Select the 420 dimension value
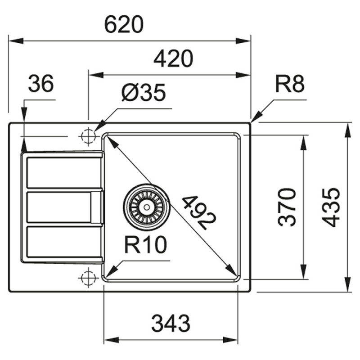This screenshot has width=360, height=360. [173, 59]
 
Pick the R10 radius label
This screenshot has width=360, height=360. [145, 246]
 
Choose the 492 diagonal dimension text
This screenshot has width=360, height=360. [198, 212]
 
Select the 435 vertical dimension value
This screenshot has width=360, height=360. [332, 207]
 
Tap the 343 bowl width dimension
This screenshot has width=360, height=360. [171, 324]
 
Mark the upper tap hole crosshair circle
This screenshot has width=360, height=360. [88, 135]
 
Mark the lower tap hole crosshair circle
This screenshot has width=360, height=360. [88, 278]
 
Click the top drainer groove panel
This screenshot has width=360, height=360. [64, 172]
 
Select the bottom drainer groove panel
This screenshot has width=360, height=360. [63, 243]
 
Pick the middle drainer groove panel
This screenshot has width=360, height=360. [59, 207]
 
